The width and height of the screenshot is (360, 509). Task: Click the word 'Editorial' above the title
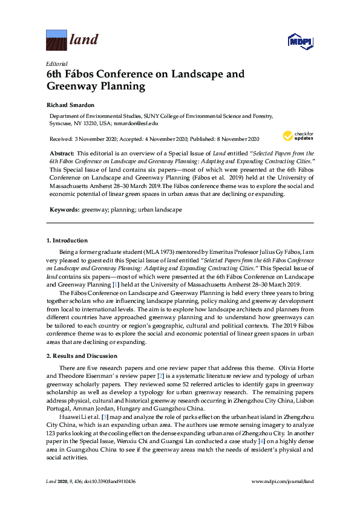tap(56, 63)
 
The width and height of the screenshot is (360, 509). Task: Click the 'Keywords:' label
tap(64, 209)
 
